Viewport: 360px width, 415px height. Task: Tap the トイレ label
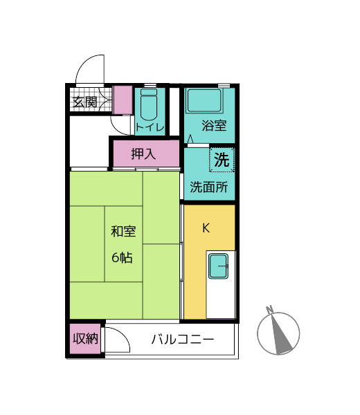tap(150, 127)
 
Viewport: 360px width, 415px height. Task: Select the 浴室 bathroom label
tap(214, 126)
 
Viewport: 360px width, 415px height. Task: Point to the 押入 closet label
tap(143, 153)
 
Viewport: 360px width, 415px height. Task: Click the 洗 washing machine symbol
tap(221, 160)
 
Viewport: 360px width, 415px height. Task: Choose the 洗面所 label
tap(208, 187)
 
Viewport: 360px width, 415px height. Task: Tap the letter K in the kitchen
tap(206, 228)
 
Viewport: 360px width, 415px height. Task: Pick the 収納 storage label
tap(86, 339)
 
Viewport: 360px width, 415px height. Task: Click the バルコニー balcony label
tap(182, 340)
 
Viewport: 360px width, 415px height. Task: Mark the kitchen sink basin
tap(219, 266)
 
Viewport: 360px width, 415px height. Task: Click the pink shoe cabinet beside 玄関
tap(123, 100)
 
